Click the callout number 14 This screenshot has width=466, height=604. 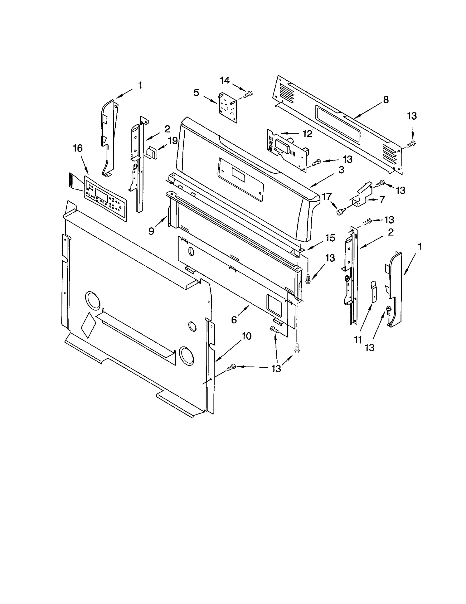225,80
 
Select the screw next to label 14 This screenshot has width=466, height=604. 248,94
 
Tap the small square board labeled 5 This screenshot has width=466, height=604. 227,107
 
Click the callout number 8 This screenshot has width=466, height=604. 386,100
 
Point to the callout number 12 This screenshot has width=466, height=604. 307,134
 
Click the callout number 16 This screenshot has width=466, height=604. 77,148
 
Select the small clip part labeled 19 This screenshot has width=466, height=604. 151,153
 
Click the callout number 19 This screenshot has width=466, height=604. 173,141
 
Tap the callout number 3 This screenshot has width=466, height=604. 341,169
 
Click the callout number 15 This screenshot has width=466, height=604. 330,238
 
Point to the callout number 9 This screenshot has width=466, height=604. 151,231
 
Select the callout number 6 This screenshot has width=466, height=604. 234,320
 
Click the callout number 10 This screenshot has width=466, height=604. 246,336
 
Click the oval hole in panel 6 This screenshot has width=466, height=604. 191,251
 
